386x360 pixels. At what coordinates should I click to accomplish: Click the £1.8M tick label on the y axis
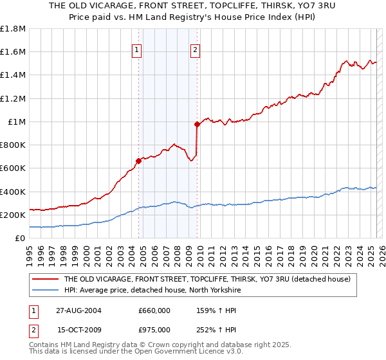click(14, 29)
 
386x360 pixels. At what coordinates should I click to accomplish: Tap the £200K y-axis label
click(13, 215)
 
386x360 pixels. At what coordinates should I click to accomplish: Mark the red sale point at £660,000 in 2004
click(139, 161)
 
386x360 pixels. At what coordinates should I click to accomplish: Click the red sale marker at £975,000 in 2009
click(197, 125)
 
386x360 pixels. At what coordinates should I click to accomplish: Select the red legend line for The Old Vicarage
click(46, 279)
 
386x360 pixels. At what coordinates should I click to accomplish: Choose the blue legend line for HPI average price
click(46, 290)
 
